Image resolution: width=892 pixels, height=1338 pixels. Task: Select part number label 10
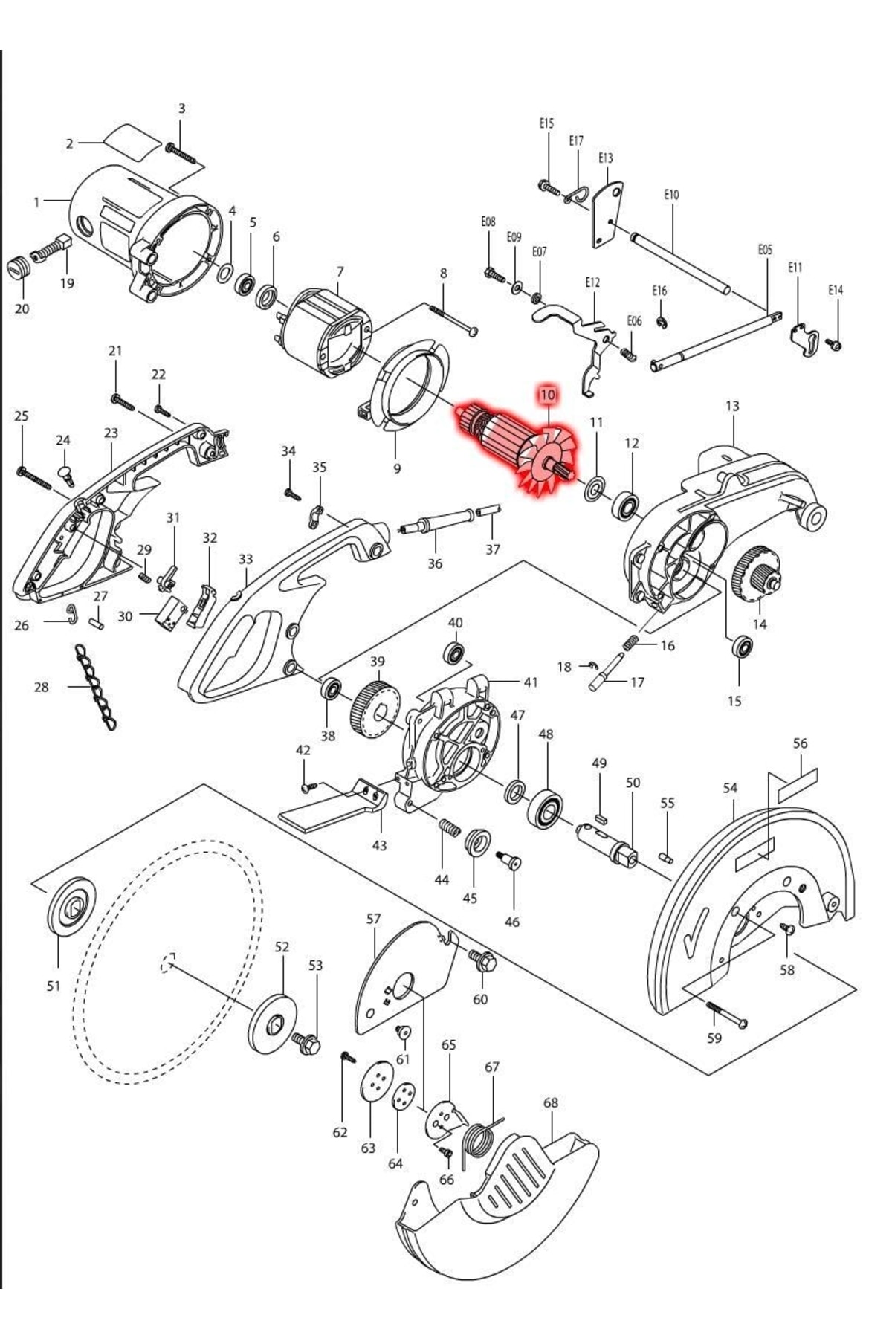tap(548, 394)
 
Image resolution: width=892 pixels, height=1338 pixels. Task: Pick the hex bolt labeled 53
tap(308, 1042)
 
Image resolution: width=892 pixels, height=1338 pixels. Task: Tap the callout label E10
tap(671, 195)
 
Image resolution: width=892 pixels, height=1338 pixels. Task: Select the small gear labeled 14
tap(757, 572)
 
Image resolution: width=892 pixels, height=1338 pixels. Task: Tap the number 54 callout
tap(730, 788)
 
